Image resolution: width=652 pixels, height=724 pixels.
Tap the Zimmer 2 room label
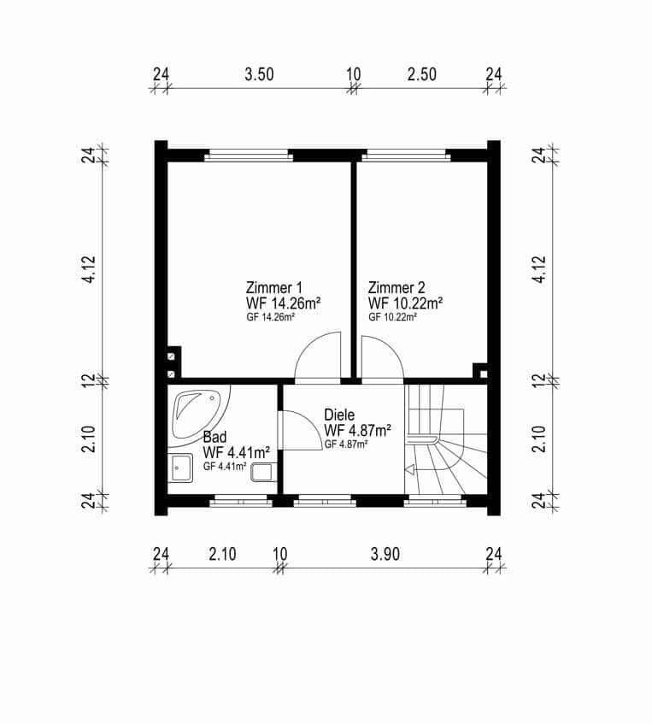pyautogui.click(x=396, y=288)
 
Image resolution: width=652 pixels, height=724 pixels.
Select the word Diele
pyautogui.click(x=339, y=415)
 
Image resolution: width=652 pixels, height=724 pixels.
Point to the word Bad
pyautogui.click(x=214, y=437)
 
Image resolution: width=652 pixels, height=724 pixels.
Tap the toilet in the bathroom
pyautogui.click(x=263, y=473)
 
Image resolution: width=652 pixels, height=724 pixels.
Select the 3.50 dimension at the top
pyautogui.click(x=259, y=74)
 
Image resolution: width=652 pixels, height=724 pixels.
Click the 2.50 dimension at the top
pyautogui.click(x=421, y=74)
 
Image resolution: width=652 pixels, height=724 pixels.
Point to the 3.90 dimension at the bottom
pyautogui.click(x=385, y=554)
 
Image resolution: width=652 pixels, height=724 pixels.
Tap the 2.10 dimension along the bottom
pyautogui.click(x=222, y=554)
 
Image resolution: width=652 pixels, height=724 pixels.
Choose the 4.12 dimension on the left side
pyautogui.click(x=89, y=268)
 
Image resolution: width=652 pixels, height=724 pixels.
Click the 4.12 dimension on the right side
pyautogui.click(x=539, y=268)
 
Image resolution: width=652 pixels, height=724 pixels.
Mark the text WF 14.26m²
pyautogui.click(x=284, y=303)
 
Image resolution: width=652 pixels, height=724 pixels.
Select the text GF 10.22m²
pyautogui.click(x=392, y=317)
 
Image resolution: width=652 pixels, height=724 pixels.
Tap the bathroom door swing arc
pyautogui.click(x=310, y=425)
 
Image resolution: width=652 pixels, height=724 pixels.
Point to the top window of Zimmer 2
pyautogui.click(x=406, y=156)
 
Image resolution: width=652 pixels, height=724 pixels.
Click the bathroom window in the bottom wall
pyautogui.click(x=242, y=500)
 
